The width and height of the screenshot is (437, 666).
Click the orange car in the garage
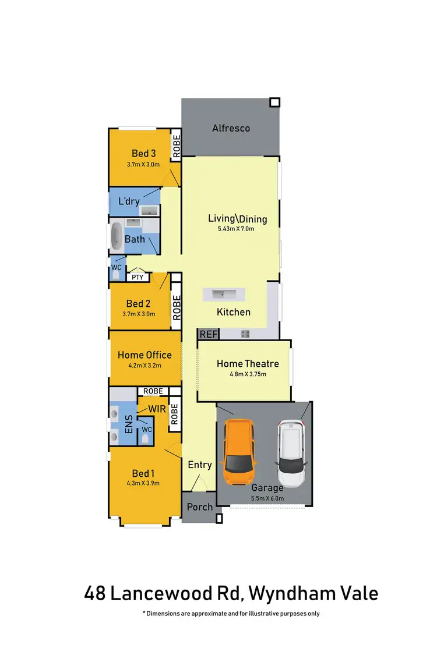239,448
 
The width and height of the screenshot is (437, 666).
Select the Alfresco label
231,128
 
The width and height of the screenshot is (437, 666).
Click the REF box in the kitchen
207,334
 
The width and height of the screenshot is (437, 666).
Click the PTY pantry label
138,277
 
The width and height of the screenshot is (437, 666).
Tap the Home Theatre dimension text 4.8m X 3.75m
248,374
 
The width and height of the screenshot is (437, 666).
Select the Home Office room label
145,355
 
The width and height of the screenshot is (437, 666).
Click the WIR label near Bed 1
157,409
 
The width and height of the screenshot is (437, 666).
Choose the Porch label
199,506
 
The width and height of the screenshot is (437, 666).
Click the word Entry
199,465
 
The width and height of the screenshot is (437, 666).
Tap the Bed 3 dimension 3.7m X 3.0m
143,165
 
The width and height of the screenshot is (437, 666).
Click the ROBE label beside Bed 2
177,307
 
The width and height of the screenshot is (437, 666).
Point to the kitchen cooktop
245,334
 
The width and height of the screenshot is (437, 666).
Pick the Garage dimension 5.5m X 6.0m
267,498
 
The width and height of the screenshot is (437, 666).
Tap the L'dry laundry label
128,201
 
